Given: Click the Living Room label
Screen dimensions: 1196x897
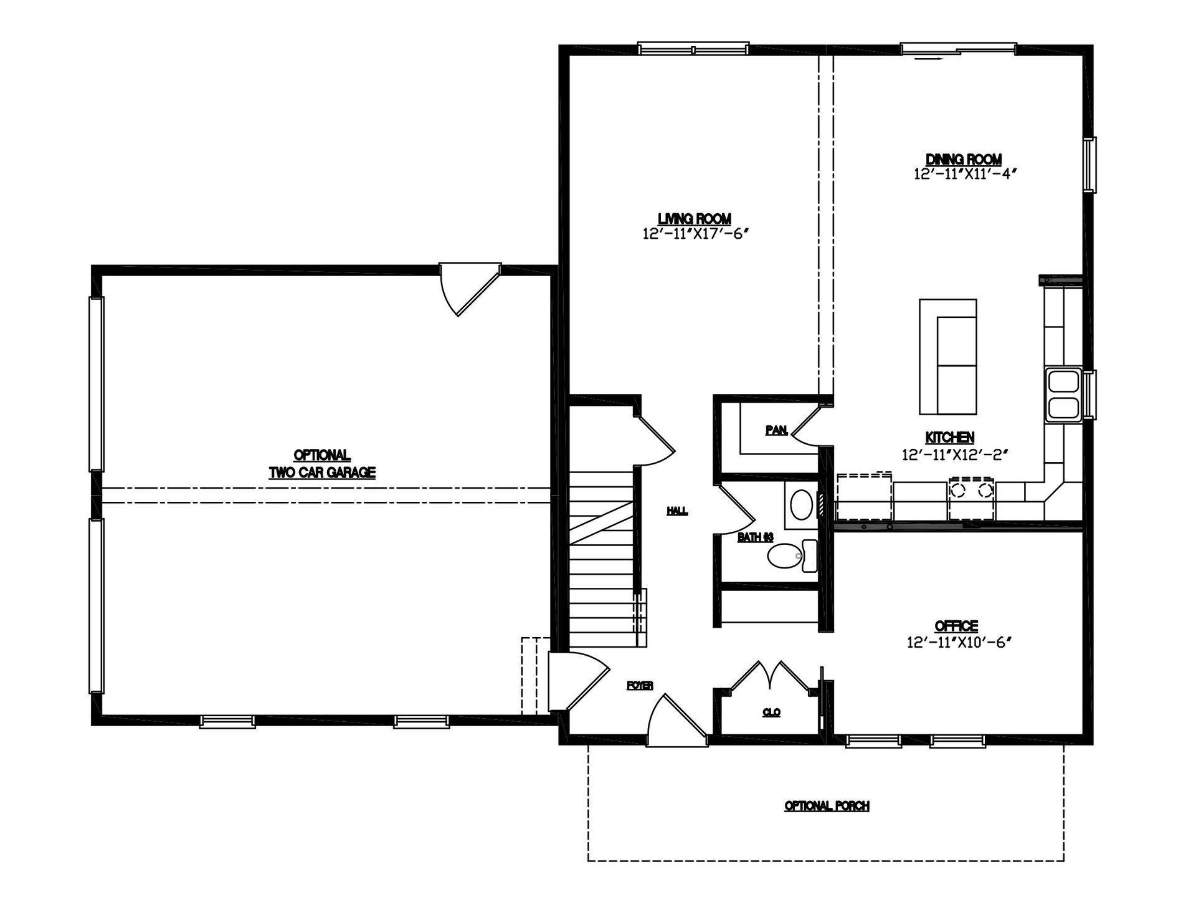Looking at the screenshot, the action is click(x=695, y=219).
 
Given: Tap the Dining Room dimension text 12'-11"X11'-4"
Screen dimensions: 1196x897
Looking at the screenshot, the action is click(x=965, y=174).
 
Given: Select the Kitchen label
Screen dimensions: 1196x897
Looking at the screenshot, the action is click(x=950, y=438).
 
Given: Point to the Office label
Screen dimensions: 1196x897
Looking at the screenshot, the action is click(x=957, y=626).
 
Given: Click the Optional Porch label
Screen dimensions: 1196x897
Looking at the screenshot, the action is click(x=827, y=806).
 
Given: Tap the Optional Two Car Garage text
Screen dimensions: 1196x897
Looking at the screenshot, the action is click(x=322, y=464).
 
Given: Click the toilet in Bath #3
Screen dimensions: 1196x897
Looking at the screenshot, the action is click(x=792, y=555).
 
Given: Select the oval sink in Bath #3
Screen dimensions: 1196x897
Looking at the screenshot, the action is click(x=801, y=504).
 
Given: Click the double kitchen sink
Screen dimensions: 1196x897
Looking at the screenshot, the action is click(x=1064, y=395).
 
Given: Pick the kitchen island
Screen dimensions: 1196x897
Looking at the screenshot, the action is click(x=948, y=357).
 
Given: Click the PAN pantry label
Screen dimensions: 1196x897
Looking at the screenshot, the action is click(x=777, y=430).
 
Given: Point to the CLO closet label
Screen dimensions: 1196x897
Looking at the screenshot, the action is click(x=771, y=712).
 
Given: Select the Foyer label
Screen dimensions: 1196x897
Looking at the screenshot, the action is click(x=640, y=686).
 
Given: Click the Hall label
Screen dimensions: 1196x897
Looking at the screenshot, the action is click(x=678, y=511).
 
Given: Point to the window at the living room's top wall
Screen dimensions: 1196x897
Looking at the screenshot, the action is click(x=693, y=49).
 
